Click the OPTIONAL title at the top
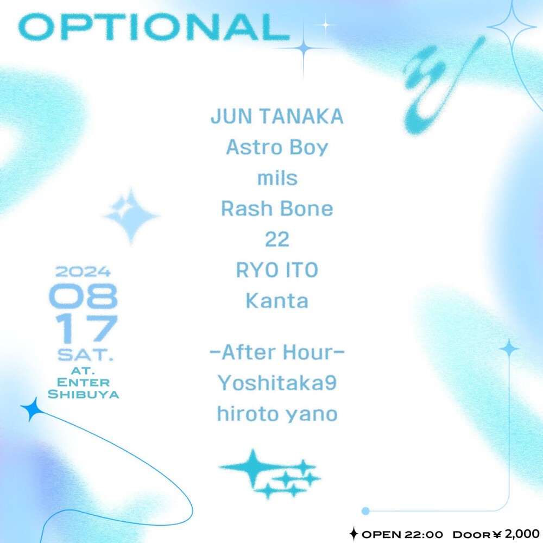[154, 27]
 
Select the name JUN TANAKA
[277, 116]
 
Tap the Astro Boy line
[277, 148]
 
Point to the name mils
[277, 178]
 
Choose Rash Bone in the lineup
[277, 209]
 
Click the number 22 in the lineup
[277, 239]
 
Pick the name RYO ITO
[277, 270]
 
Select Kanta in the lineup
[277, 301]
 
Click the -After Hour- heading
[277, 352]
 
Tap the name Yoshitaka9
[277, 383]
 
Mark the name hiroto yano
[277, 414]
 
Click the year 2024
[83, 272]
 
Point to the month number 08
[84, 296]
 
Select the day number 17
[86, 329]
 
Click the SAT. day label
[85, 355]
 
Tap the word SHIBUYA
[84, 394]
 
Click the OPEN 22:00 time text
[402, 534]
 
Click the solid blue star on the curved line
[32, 409]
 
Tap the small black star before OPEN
[353, 534]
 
